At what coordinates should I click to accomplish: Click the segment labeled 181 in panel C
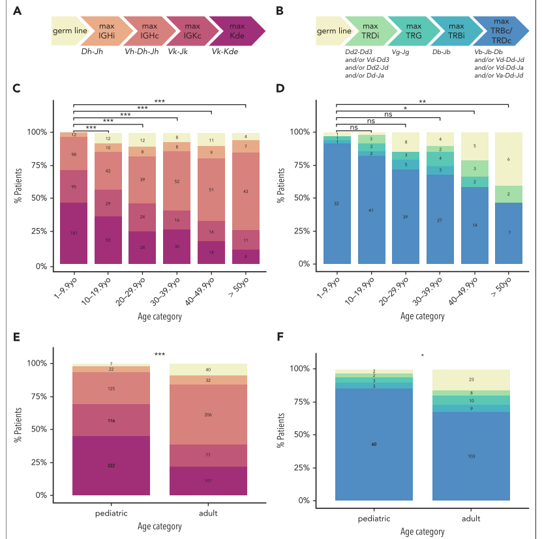coord(74,233)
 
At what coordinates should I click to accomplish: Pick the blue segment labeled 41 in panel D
coord(371,210)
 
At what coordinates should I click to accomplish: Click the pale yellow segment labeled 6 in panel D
coord(508,159)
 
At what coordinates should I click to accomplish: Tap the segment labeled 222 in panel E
coord(112,465)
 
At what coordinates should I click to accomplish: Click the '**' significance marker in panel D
coord(423,101)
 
